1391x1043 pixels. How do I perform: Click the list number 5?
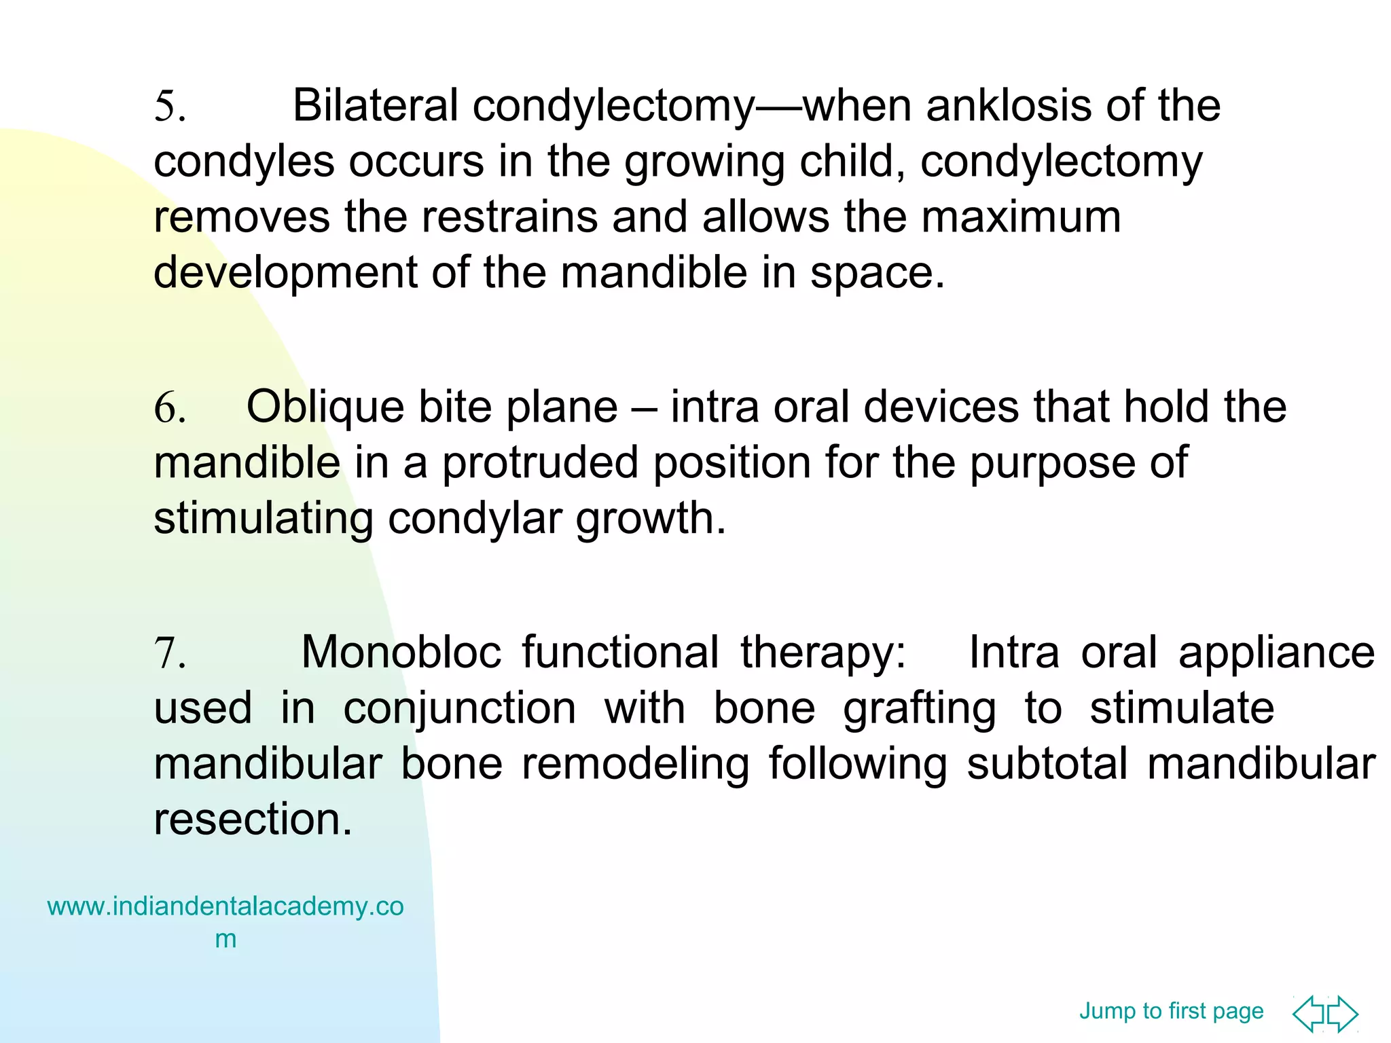coord(169,107)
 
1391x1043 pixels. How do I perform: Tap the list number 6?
coord(169,409)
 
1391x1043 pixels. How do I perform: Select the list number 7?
coord(169,653)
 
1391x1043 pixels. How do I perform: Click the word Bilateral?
coord(376,106)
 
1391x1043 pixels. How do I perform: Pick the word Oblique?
coord(325,409)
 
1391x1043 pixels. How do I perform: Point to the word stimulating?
coord(264,519)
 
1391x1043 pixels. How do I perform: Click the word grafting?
coord(920,709)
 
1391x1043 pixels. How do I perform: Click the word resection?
coord(253,819)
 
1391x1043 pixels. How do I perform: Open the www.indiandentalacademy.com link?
coord(225,907)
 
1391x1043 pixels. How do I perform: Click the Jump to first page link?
coord(1171,1011)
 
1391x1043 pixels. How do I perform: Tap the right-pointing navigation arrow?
coord(1343,1014)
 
